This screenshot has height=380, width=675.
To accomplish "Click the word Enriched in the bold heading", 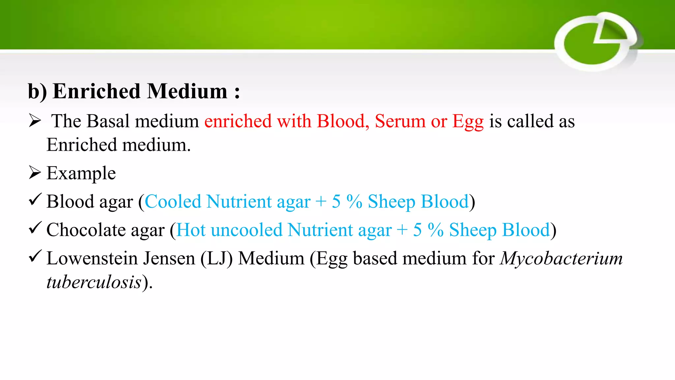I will pos(97,91).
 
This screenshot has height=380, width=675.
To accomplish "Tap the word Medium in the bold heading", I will pos(187,91).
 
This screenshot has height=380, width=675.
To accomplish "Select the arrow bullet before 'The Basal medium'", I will pos(35,120).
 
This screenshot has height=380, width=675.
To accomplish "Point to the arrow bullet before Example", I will pos(35,172).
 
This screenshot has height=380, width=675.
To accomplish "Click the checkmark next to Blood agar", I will pos(35,200).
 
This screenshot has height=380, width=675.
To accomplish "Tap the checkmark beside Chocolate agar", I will pos(35,228).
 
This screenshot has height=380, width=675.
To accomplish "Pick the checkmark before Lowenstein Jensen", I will pos(35,256).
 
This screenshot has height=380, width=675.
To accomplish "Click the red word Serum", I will pos(400,121).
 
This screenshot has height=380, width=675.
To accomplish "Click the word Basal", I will pos(108,121).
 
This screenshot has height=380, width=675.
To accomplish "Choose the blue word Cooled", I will pos(173,202).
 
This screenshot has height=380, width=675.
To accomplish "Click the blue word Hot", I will pos(191,230).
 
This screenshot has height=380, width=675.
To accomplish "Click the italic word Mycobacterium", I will pos(561,258).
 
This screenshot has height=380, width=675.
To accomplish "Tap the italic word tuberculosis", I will pos(94,282).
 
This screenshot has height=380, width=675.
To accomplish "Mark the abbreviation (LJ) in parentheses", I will pos(217,258).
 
